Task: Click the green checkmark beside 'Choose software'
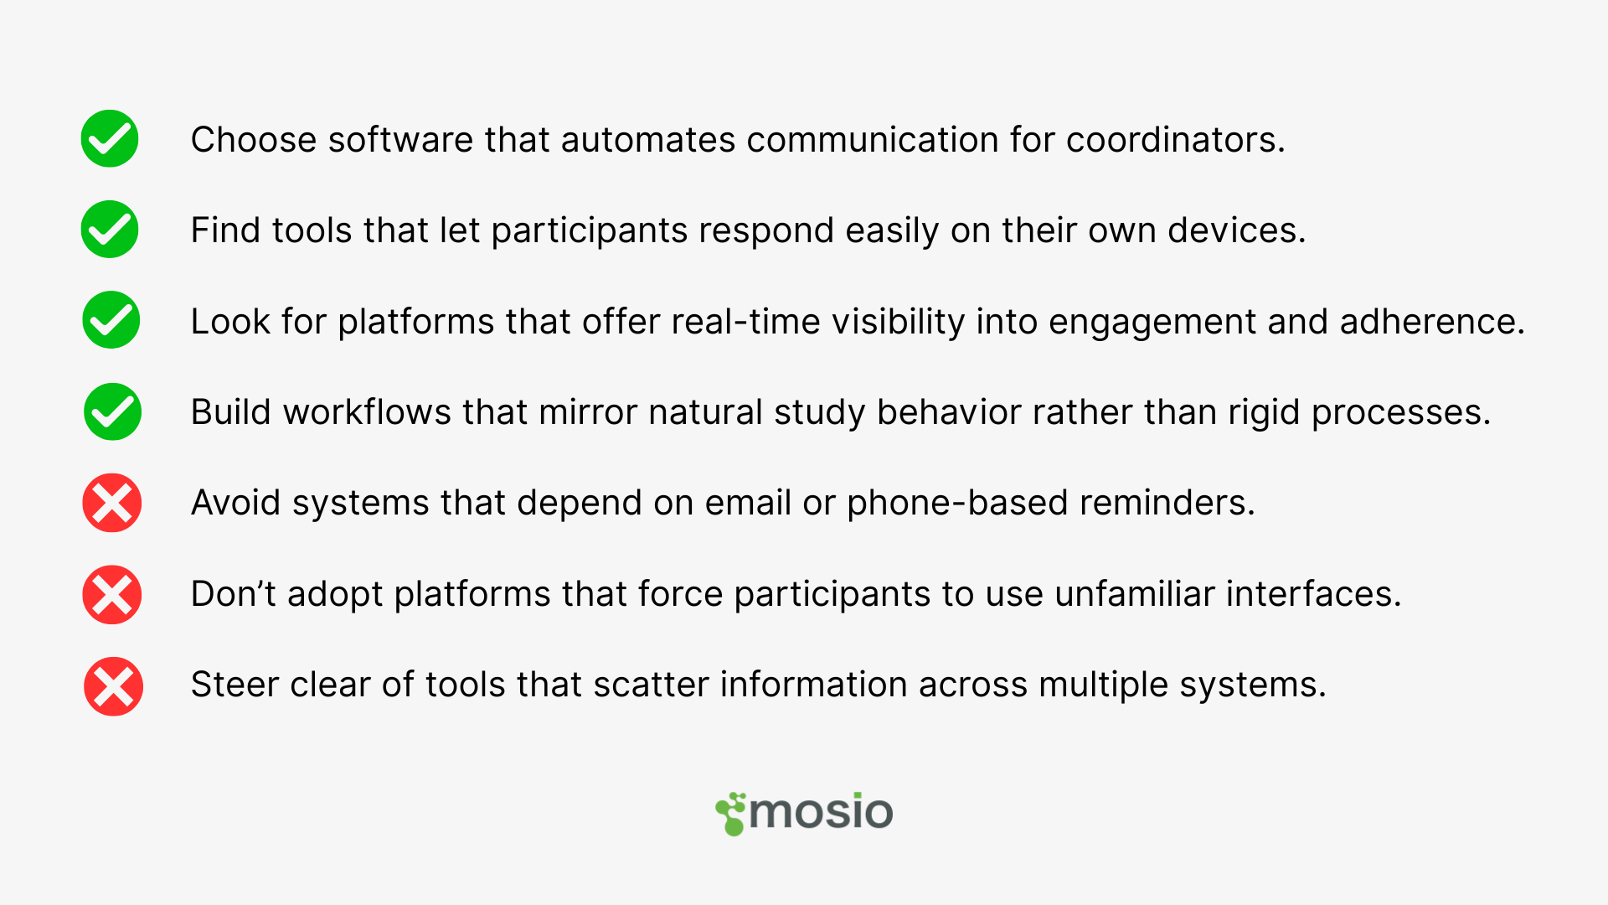point(110,138)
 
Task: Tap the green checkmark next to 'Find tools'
point(110,229)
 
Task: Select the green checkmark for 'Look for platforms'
point(111,320)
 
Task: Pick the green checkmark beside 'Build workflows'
point(112,411)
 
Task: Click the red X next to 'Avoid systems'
point(112,503)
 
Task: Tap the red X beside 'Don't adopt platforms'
point(112,595)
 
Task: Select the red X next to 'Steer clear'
point(113,686)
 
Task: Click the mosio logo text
point(821,811)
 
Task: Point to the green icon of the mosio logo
point(730,814)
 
